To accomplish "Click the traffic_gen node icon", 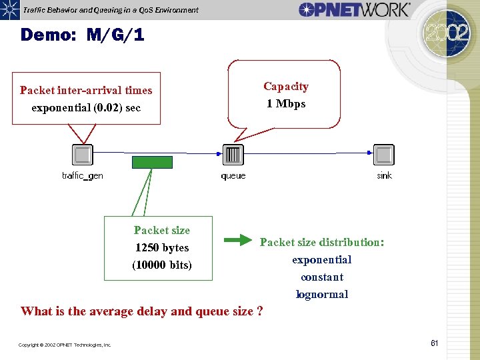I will coord(82,155).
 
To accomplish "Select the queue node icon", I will coord(233,155).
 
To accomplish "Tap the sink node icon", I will coord(384,155).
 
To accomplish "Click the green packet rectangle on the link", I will coord(152,162).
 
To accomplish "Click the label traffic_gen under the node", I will coord(82,176).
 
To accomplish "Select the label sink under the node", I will coord(385,176).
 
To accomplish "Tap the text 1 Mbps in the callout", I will coord(286,104).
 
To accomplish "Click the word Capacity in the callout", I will coord(286,87).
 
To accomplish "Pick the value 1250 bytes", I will coord(162,248).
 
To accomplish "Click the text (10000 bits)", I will coord(162,265).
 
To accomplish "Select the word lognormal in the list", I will coord(322,295).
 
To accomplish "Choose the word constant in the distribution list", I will coord(322,277).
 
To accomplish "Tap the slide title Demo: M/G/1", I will coord(82,35).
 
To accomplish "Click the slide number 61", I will coord(434,343).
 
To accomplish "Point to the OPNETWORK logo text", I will coord(354,9).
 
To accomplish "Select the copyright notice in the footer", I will coord(65,345).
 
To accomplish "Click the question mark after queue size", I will coord(259,311).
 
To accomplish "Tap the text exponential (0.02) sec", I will coord(86,108).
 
